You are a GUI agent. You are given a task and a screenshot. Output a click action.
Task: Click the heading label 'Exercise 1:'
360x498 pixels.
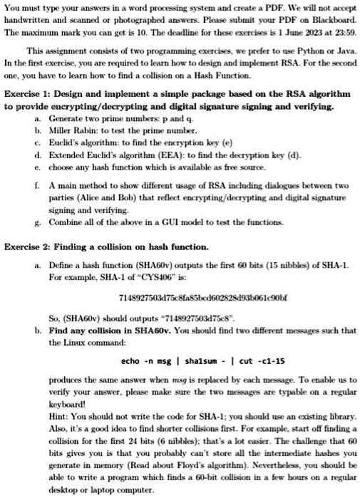click(28, 95)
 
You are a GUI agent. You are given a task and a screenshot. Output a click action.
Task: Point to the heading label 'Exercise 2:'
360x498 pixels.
click(28, 247)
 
